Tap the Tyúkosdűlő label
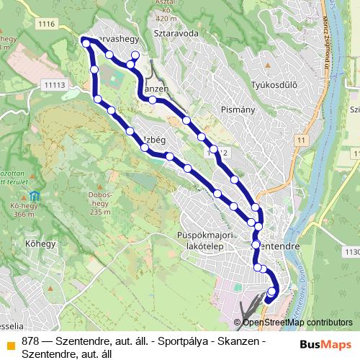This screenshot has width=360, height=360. [274, 86]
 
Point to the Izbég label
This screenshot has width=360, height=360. [155, 138]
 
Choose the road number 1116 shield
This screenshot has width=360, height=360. [48, 24]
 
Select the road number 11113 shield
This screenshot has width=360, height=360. [54, 85]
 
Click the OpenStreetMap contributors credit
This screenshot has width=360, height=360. [297, 323]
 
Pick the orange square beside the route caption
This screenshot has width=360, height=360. [11, 341]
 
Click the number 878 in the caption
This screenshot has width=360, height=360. [30, 341]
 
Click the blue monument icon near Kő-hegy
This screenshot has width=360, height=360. [35, 197]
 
